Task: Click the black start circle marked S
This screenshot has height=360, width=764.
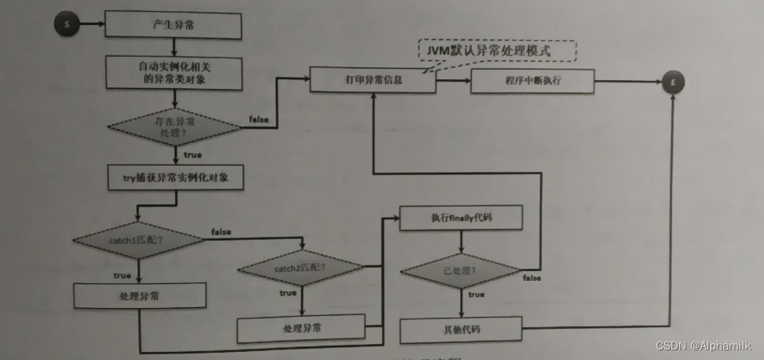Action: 66,24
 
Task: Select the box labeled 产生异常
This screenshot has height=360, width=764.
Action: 173,24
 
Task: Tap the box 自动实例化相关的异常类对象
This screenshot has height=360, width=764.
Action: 173,73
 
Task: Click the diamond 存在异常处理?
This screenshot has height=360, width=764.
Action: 173,126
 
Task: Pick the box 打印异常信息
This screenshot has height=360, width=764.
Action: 373,80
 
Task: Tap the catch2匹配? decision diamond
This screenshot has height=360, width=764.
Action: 301,268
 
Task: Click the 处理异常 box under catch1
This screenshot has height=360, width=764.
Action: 139,297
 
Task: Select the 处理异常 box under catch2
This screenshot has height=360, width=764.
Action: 302,328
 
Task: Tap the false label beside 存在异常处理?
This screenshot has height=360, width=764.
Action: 258,119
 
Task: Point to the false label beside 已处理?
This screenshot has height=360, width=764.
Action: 532,278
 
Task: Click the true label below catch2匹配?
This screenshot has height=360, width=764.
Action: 287,293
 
